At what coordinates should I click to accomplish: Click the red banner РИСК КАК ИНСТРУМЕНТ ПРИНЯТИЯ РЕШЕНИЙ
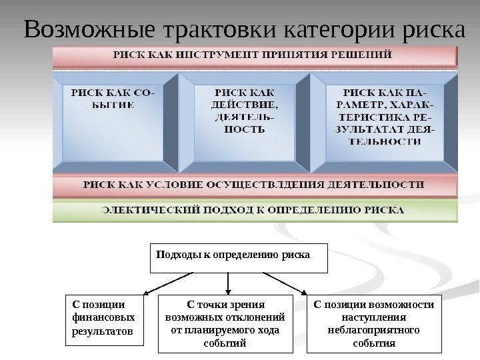(255, 56)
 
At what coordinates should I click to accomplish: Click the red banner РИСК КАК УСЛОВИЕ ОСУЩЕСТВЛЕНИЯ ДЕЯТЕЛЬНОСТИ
(255, 184)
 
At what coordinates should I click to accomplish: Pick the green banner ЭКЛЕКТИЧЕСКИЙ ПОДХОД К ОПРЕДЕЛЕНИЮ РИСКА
(255, 210)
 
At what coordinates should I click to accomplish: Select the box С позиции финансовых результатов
(105, 320)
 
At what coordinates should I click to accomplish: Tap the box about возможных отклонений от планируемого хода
(227, 323)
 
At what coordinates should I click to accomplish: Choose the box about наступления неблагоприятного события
(373, 323)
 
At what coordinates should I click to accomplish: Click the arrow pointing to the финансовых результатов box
(169, 283)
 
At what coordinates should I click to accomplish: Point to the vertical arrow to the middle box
(229, 284)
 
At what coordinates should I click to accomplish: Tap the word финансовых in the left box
(103, 318)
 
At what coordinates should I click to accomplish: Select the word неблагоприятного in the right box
(373, 330)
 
